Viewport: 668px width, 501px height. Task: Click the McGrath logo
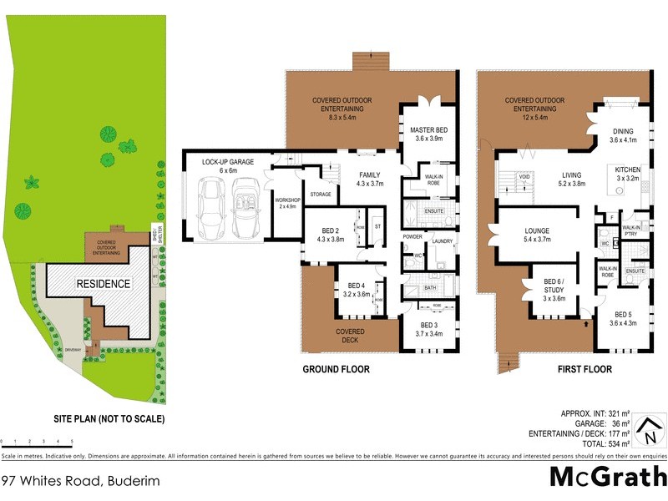point(608,477)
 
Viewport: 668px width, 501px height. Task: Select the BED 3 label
point(429,329)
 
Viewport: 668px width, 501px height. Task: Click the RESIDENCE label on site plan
point(104,284)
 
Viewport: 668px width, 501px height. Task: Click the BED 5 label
point(622,318)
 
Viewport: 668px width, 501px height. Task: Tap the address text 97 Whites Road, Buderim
point(80,481)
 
